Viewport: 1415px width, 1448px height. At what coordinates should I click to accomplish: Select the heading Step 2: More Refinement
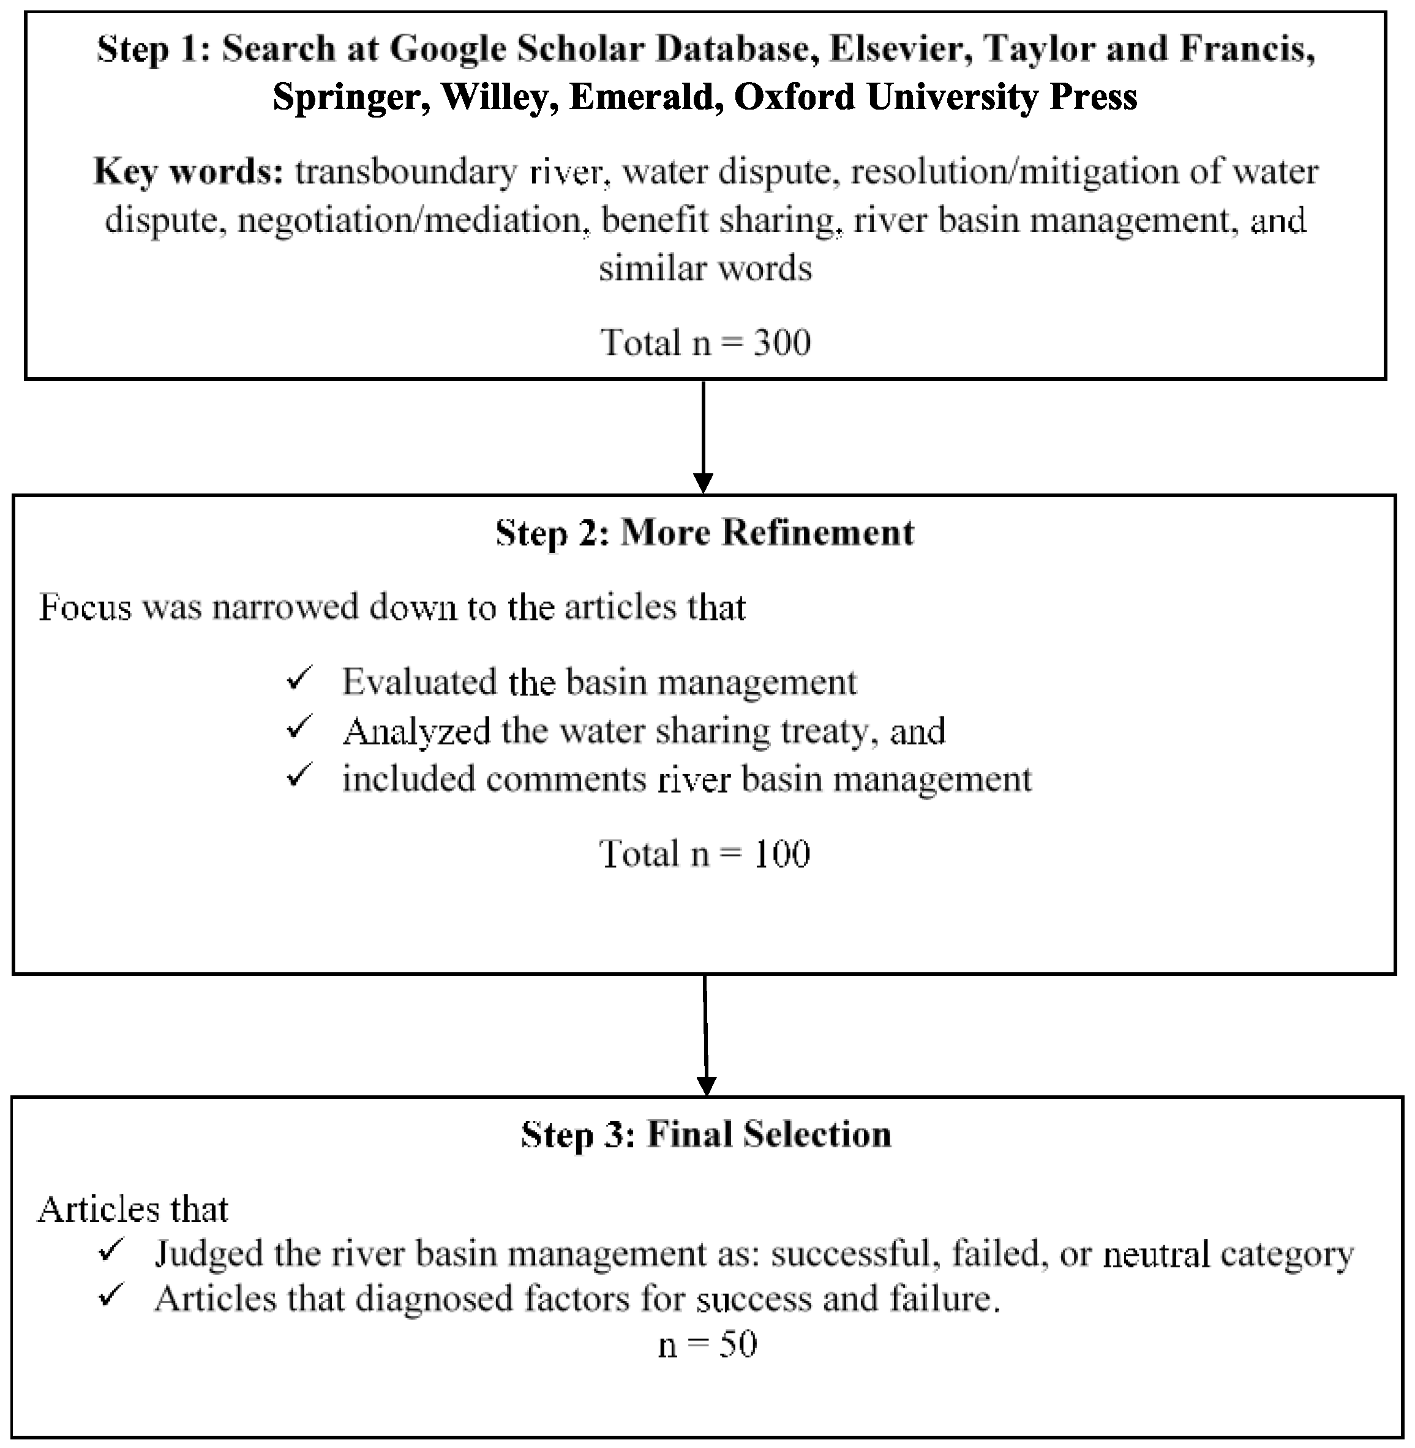point(705,533)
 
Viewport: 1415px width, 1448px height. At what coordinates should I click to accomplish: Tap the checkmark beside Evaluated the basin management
point(298,678)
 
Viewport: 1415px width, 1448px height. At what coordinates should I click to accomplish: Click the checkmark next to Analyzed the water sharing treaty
point(298,728)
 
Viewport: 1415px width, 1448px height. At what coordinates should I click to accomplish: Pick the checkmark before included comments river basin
point(298,776)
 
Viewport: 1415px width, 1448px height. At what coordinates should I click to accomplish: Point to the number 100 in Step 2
point(781,854)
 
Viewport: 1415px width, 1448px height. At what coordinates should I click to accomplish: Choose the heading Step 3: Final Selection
point(705,1135)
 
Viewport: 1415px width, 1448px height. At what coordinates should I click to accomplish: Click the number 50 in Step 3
point(737,1345)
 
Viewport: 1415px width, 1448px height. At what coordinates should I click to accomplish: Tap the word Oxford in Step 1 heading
point(795,97)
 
